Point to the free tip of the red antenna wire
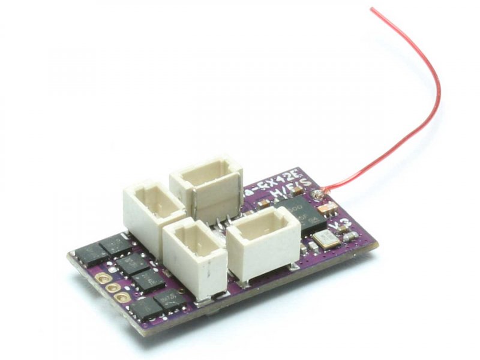372,8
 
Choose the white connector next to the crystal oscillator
264,243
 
